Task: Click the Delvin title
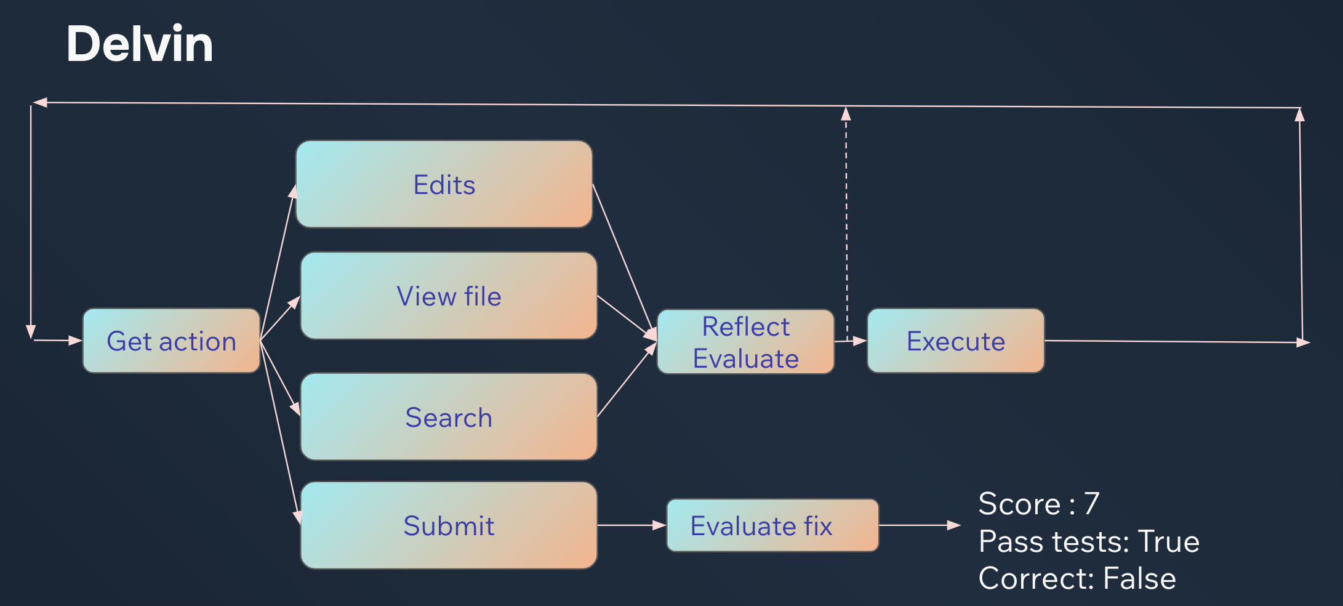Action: point(140,44)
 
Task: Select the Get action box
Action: point(172,341)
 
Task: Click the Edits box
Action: point(444,184)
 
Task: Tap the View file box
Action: point(449,296)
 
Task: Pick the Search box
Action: point(449,416)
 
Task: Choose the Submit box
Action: point(449,525)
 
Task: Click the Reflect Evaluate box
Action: point(746,342)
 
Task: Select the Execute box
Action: point(956,341)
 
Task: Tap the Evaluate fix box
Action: point(773,525)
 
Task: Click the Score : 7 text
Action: point(1039,504)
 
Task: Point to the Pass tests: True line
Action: point(1089,541)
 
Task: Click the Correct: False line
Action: point(1077,578)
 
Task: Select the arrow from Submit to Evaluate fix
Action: point(632,525)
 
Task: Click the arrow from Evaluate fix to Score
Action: point(920,525)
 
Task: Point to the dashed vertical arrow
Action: point(846,224)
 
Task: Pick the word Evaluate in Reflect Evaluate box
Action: point(746,358)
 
